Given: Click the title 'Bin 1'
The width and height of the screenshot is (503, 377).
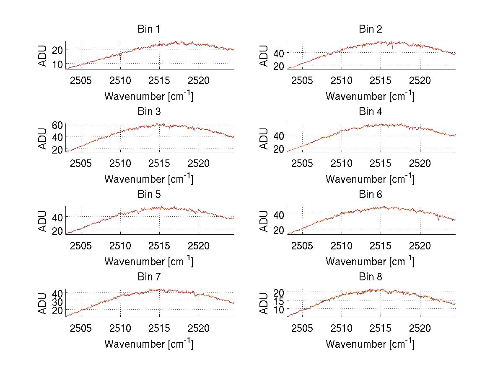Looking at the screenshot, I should point(149,29).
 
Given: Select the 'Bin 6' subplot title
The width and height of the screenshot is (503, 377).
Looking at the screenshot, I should point(371,195).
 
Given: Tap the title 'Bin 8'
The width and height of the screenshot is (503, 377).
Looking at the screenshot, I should point(371,277).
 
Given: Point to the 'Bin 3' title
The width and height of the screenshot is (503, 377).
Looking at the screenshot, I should point(149,112).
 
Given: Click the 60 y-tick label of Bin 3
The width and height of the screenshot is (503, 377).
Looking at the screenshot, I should point(57,124).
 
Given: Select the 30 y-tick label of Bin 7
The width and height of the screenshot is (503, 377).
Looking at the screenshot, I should point(57,301).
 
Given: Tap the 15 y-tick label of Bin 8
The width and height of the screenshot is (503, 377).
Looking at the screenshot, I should point(279,300).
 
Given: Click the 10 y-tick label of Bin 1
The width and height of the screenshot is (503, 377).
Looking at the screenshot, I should point(57,64).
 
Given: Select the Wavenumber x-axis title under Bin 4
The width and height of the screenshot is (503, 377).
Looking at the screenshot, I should point(370,179).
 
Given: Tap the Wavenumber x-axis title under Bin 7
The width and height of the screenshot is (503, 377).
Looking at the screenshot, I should point(149,344).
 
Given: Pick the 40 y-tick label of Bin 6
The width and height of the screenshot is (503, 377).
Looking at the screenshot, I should point(279,214).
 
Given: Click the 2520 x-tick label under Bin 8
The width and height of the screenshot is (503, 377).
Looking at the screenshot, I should point(420,328).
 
